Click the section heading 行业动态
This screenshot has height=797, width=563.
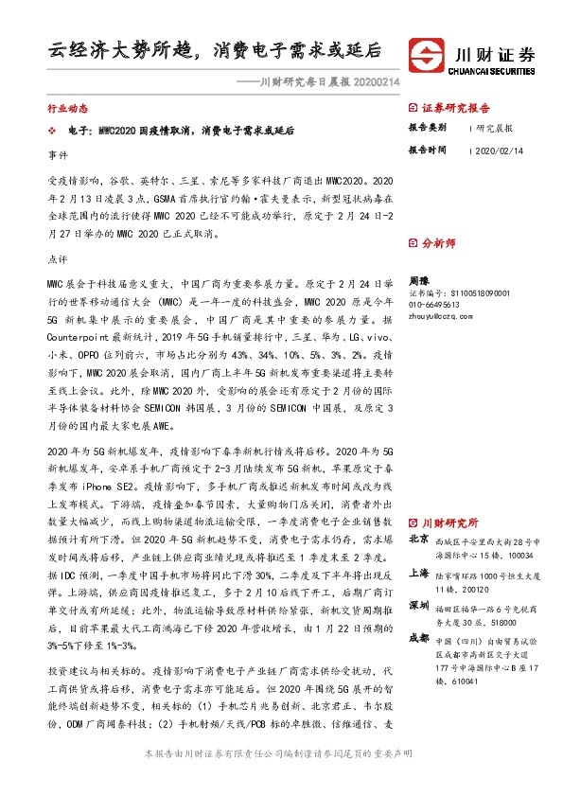(65, 109)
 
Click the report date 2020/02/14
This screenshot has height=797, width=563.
(498, 150)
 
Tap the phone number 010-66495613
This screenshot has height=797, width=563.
(433, 305)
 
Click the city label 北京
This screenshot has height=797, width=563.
(417, 540)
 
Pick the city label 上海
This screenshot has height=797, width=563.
(417, 574)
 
